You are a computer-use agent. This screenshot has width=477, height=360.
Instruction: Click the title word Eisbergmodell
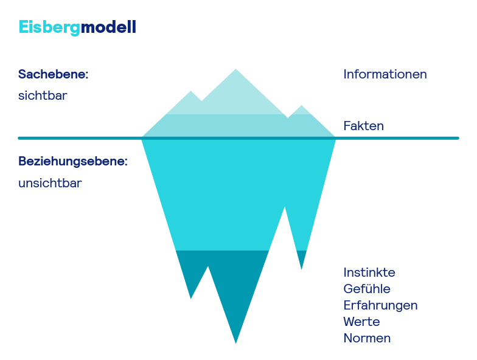pos(77,27)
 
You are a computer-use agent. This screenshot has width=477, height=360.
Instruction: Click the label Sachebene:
pos(54,75)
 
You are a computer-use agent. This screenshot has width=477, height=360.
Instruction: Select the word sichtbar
pos(43,95)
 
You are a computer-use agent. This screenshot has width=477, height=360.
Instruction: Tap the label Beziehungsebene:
pos(73,162)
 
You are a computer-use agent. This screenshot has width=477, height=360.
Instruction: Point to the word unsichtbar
pos(50,183)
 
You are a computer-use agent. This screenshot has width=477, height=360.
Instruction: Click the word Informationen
pos(385,74)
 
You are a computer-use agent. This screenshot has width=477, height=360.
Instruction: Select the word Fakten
pos(364,126)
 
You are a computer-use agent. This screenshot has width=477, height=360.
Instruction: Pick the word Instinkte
pos(369,272)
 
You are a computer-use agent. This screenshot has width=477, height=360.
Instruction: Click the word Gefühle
pos(367,289)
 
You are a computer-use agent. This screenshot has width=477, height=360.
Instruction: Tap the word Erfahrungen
pos(380,305)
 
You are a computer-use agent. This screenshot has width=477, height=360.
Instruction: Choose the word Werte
pos(361,322)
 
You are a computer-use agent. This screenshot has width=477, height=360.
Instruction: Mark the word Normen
pos(367,338)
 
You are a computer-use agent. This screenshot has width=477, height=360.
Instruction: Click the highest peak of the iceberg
pos(236,69)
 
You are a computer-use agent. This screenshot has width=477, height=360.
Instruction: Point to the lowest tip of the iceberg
pos(236,343)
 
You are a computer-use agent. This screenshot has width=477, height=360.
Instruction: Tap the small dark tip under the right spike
pos(301,268)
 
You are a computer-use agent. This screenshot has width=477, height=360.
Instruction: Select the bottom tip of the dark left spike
pos(192,298)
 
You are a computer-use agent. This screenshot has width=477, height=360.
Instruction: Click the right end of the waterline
pos(457,138)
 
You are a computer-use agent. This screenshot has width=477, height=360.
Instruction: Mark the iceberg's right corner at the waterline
pos(335,137)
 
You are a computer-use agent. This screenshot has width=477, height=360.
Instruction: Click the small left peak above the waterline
pos(192,92)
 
